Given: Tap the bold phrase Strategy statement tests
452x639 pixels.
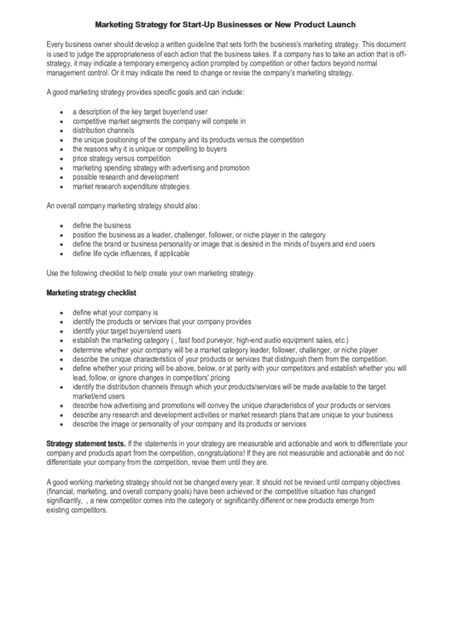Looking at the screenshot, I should (84, 444).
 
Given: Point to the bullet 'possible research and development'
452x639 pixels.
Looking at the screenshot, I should (125, 177).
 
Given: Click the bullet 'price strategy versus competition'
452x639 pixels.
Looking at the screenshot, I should (122, 159).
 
